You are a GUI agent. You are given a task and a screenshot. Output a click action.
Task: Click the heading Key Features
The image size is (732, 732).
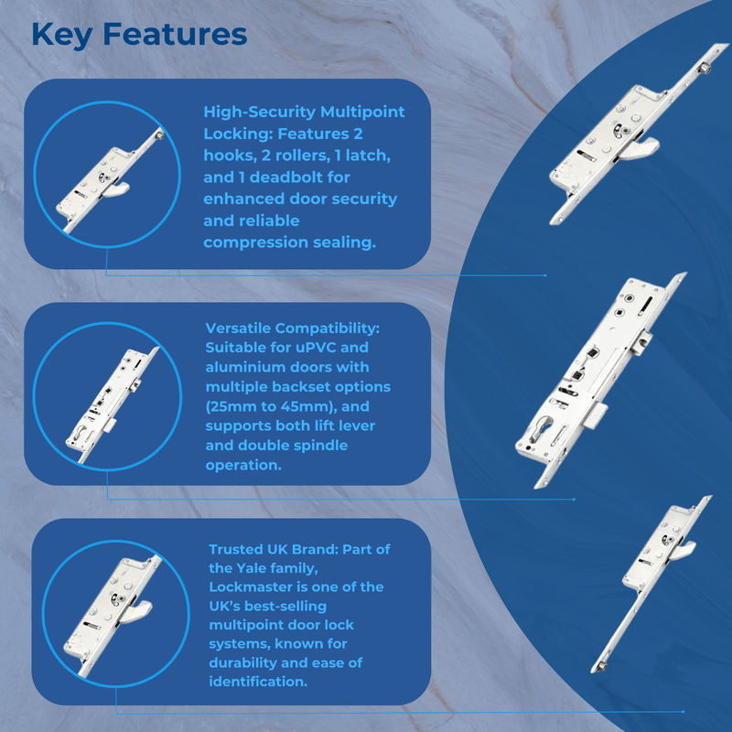click(x=139, y=35)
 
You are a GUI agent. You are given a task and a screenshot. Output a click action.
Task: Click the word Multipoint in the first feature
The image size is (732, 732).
click(x=362, y=112)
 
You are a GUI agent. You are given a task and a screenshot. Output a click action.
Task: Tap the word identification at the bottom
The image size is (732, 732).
click(x=258, y=682)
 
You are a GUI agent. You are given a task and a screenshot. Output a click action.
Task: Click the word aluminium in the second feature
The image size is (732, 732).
click(x=241, y=367)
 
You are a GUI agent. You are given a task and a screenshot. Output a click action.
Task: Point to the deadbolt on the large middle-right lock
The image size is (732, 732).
click(x=596, y=416)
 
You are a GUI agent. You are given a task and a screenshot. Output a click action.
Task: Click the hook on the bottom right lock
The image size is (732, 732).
click(x=683, y=551)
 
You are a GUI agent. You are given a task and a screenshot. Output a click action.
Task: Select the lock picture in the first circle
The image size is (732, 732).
click(x=111, y=180)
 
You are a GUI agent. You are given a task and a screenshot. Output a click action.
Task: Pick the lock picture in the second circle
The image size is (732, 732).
click(x=112, y=404)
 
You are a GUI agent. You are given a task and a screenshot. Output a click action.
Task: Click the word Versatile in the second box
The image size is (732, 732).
click(x=237, y=328)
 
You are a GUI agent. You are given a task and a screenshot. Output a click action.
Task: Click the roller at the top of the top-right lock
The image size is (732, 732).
click(x=705, y=69)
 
